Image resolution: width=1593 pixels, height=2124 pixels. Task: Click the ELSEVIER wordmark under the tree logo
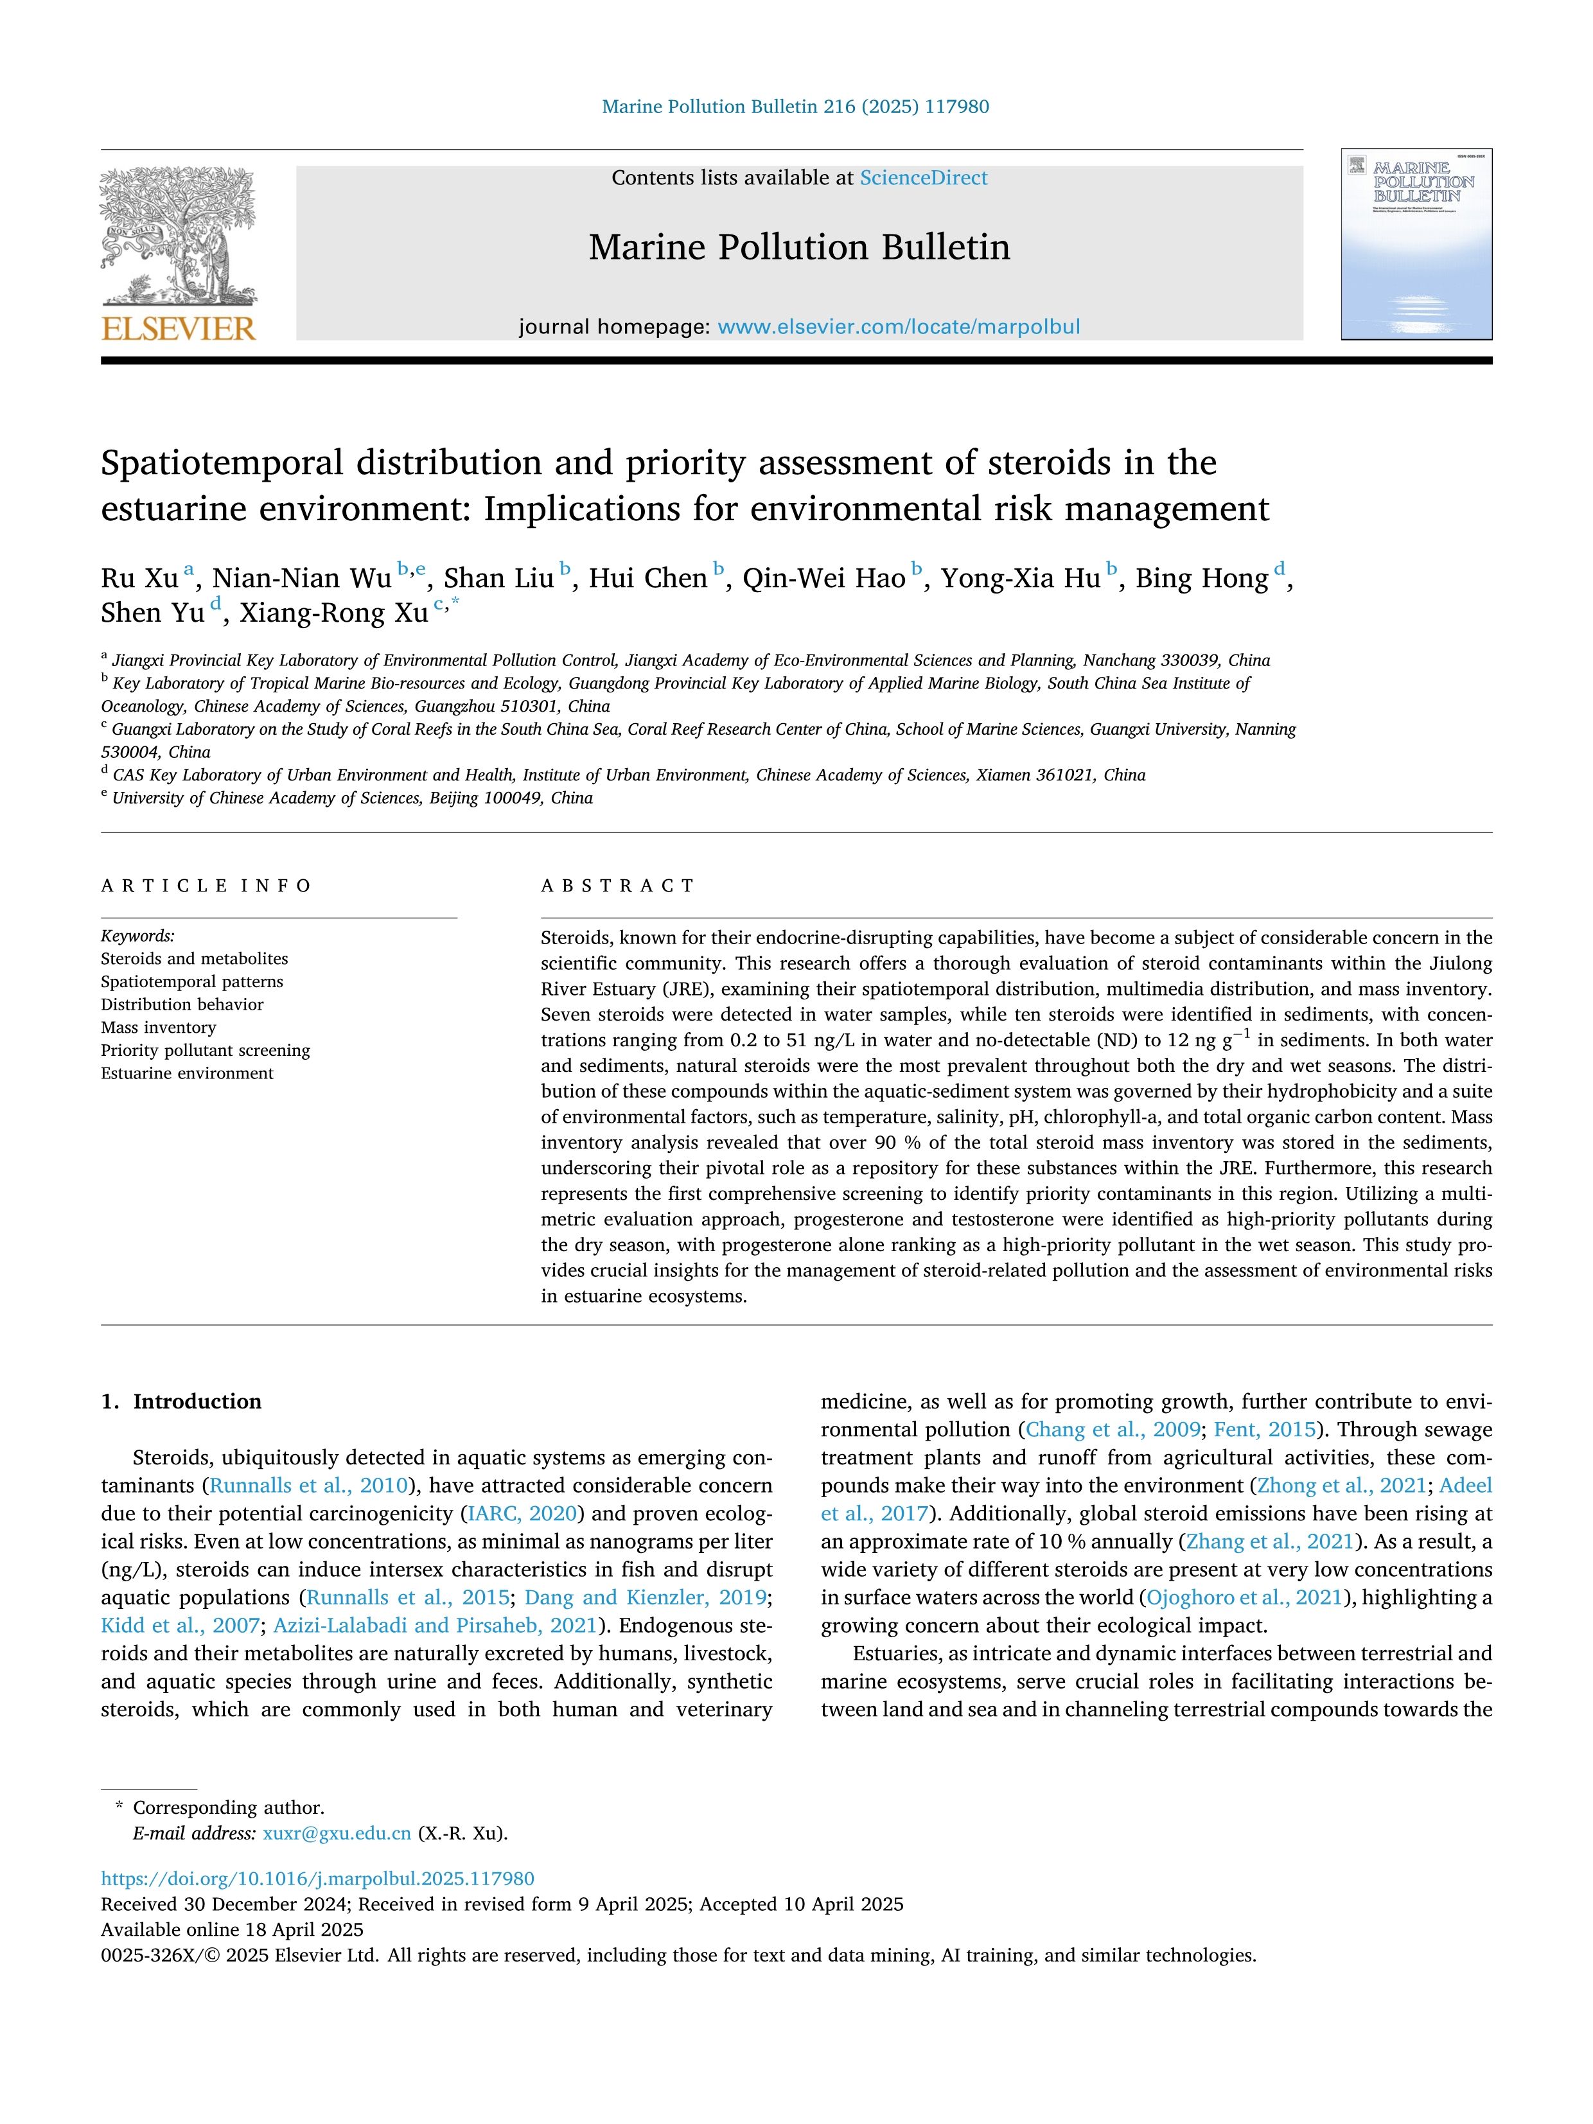coord(179,329)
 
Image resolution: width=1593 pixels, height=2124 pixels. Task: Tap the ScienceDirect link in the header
coord(923,178)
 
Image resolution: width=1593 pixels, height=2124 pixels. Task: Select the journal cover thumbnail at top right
coord(1416,245)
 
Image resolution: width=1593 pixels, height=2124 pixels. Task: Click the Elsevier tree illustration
coord(179,235)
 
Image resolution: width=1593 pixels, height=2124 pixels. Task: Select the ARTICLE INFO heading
coord(206,885)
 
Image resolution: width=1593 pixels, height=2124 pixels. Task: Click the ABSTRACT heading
coord(617,885)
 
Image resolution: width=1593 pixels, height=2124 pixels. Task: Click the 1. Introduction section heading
coord(182,1401)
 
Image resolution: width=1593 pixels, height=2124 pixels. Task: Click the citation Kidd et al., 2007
coord(180,1626)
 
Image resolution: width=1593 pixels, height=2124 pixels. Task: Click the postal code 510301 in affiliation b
coord(528,706)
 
